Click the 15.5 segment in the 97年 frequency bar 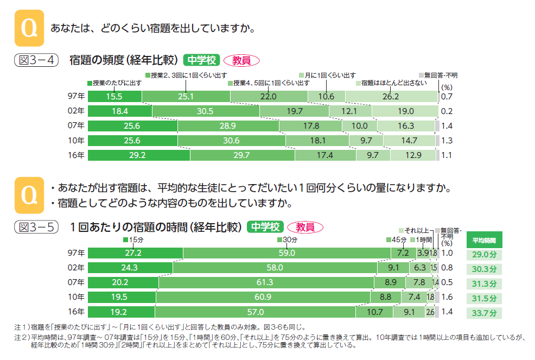(114, 97)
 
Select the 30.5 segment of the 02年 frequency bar (206, 111)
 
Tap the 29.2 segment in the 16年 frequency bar (139, 155)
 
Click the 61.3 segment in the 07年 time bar (266, 282)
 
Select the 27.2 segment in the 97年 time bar (135, 253)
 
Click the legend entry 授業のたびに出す (114, 83)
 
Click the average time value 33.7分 (483, 313)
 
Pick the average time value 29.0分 (483, 254)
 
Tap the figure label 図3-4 (36, 60)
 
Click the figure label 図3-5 (36, 227)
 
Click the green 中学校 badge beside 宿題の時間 (265, 227)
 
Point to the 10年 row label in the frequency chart (77, 141)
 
